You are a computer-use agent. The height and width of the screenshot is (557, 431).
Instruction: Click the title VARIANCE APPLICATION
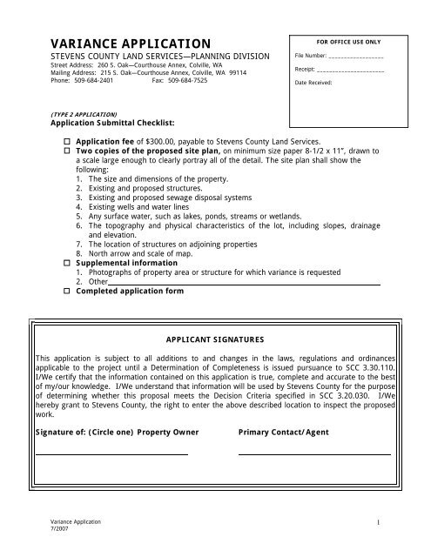pyautogui.click(x=130, y=44)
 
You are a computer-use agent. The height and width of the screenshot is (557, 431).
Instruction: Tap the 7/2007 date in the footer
pyautogui.click(x=58, y=528)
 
